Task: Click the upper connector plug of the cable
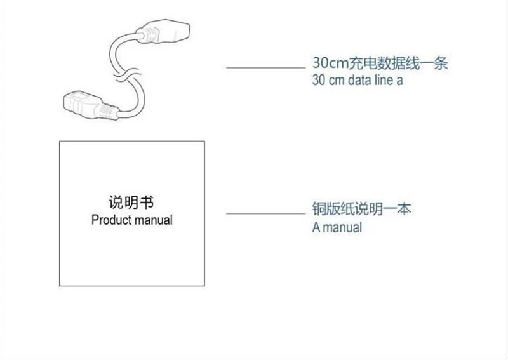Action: click(x=165, y=32)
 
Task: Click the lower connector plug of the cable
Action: click(x=89, y=105)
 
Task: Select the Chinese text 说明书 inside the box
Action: click(x=131, y=203)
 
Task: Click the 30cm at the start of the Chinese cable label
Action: click(x=330, y=62)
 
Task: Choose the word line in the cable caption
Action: click(x=384, y=80)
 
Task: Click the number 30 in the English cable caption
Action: click(x=319, y=80)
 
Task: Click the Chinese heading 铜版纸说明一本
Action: click(x=361, y=209)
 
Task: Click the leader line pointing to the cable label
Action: click(x=265, y=68)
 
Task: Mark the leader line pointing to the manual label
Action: click(x=265, y=213)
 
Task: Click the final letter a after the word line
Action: click(x=399, y=81)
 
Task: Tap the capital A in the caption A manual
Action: click(x=316, y=227)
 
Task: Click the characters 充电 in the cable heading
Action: click(x=363, y=62)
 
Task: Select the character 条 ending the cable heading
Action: click(x=441, y=62)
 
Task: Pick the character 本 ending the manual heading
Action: click(x=404, y=209)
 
